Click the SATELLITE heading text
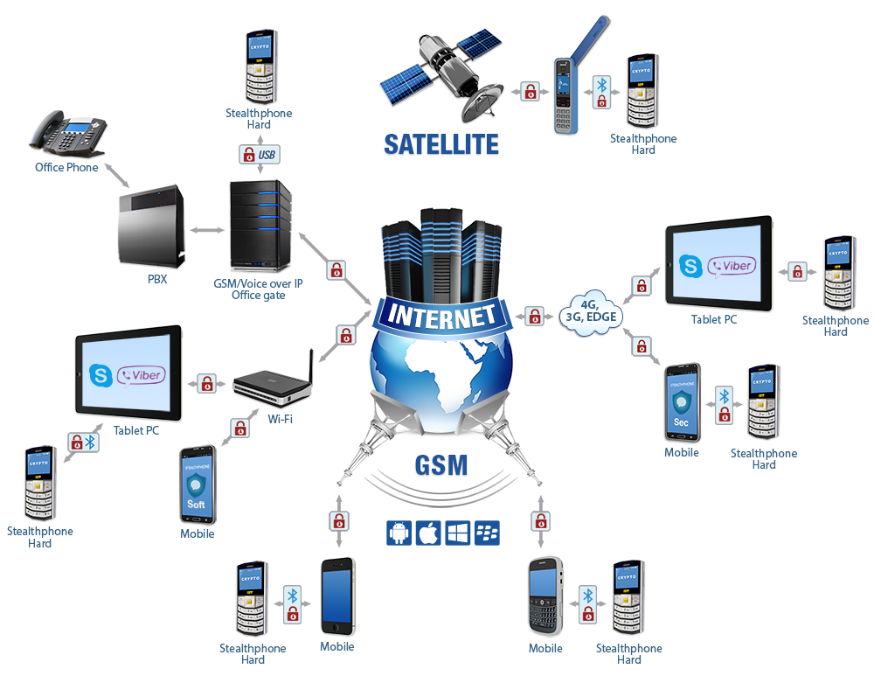(x=440, y=144)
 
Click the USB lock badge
(x=260, y=156)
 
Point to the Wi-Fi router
(x=273, y=386)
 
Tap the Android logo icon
(x=399, y=533)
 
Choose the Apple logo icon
(x=427, y=533)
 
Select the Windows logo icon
(x=457, y=533)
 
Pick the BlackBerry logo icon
(x=487, y=533)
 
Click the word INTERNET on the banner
(x=440, y=316)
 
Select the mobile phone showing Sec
(x=681, y=403)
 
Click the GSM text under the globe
(x=441, y=463)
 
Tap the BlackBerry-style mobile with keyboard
(x=545, y=597)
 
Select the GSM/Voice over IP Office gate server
(x=259, y=225)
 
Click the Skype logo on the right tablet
(x=692, y=266)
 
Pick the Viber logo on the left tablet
(x=142, y=376)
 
